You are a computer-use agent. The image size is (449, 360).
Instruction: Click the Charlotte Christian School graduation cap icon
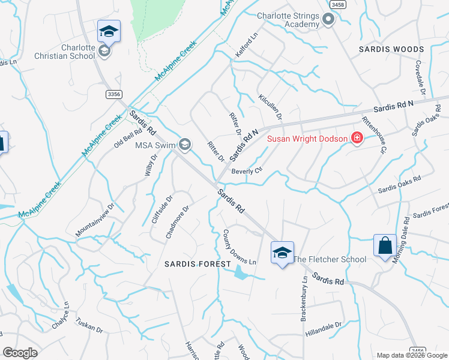[x=109, y=31]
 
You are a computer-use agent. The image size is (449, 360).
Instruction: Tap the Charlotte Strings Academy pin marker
[x=328, y=20]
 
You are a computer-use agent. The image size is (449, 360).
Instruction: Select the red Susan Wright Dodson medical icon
[x=357, y=139]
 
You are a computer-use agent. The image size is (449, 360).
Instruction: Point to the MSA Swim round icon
[x=185, y=144]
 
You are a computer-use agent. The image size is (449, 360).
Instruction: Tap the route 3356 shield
[x=113, y=94]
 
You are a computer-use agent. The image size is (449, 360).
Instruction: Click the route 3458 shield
[x=337, y=4]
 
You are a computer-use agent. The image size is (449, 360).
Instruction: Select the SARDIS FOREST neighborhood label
[x=198, y=264]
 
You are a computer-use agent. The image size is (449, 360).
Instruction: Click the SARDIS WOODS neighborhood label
[x=391, y=49]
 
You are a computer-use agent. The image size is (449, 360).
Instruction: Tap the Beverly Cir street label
[x=247, y=171]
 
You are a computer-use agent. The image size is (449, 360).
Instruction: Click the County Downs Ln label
[x=240, y=247]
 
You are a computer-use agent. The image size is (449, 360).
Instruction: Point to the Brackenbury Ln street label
[x=304, y=298]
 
